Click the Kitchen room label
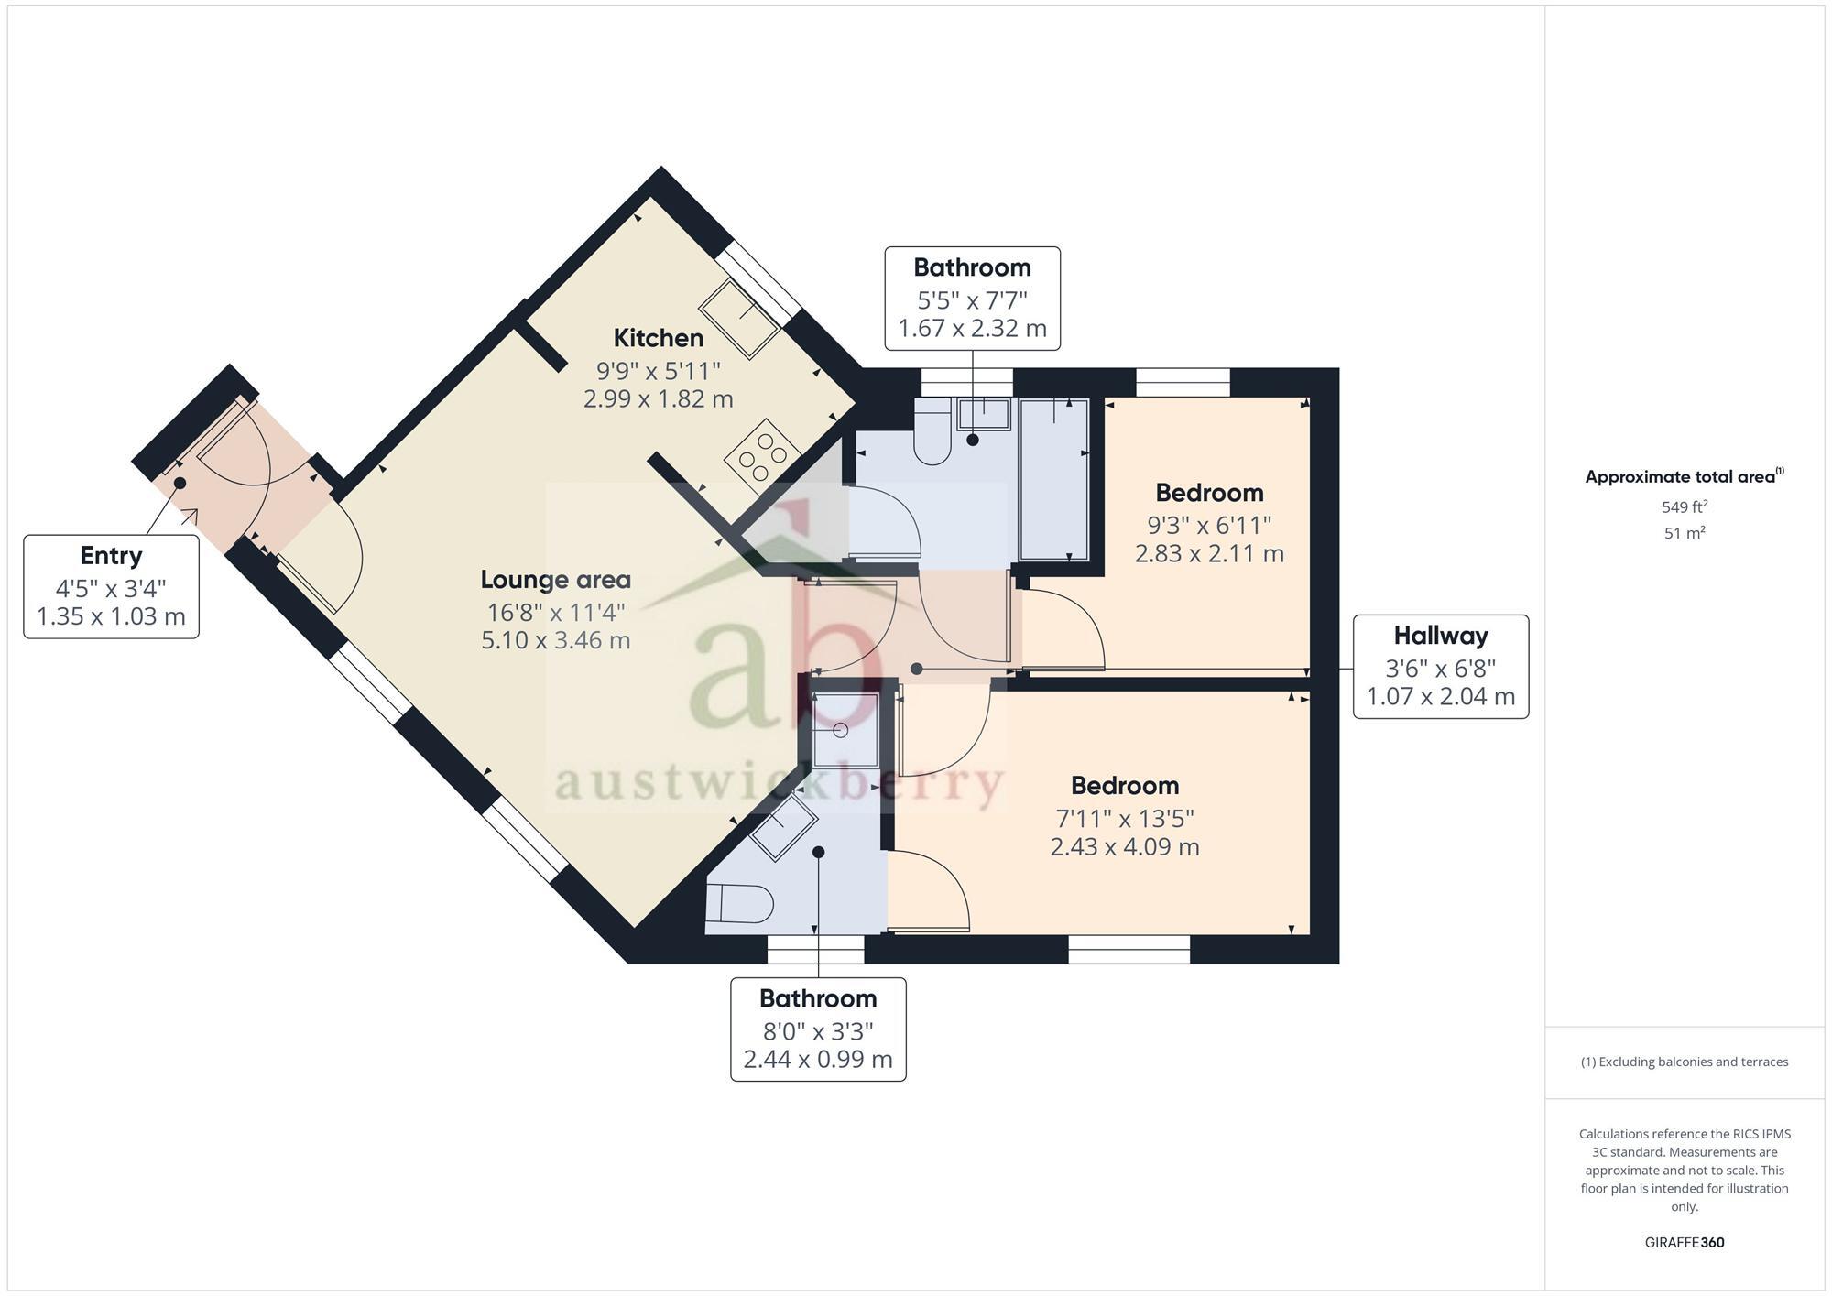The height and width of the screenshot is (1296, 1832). coord(658,338)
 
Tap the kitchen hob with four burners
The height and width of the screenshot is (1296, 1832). coord(762,454)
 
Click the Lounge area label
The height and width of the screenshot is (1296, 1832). coord(555,580)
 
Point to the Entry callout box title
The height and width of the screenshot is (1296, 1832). coord(111,556)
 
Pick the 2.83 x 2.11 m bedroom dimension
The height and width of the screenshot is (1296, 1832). coord(1209,554)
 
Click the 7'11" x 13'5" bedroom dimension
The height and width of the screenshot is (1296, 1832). coord(1124,818)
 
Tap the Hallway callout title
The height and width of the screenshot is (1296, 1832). coord(1440,636)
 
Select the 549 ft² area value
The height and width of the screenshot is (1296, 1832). coord(1684,506)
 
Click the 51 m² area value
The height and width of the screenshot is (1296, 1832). coord(1684,533)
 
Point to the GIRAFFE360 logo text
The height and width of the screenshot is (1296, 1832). coord(1684,1243)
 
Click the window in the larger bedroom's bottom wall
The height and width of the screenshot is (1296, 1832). coord(1129,950)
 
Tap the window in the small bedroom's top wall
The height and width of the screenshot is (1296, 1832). coord(1183,382)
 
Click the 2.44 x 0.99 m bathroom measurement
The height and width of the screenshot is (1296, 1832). coord(817,1060)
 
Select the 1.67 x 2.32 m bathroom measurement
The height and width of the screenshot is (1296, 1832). coord(972,329)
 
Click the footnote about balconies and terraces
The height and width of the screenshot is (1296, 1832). coord(1684,1062)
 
